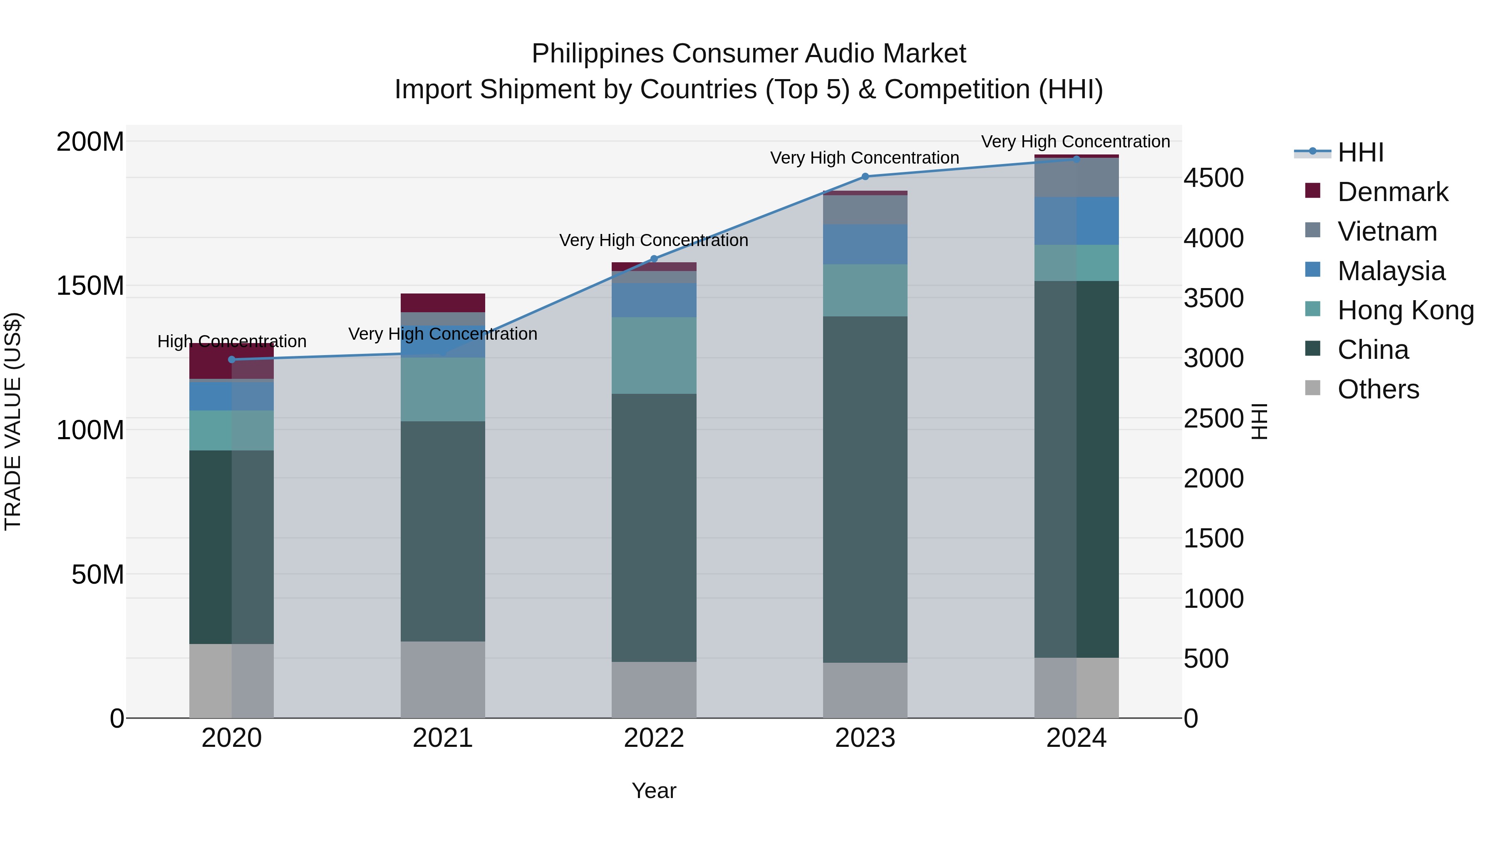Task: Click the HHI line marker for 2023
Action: point(865,176)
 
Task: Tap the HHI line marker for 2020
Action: point(231,360)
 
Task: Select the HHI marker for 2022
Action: point(654,259)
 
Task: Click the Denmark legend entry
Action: point(1392,192)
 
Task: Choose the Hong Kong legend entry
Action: point(1405,310)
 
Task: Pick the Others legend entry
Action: point(1378,389)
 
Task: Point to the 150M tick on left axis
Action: point(90,286)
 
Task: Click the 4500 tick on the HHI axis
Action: point(1214,178)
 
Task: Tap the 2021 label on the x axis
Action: point(443,738)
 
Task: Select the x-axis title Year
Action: point(654,791)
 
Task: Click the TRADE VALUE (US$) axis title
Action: point(13,421)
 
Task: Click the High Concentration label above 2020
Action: point(231,341)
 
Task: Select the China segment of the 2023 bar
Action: point(865,489)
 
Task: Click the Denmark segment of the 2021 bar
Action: point(443,303)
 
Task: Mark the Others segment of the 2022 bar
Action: point(654,689)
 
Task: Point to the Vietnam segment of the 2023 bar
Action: point(865,210)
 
